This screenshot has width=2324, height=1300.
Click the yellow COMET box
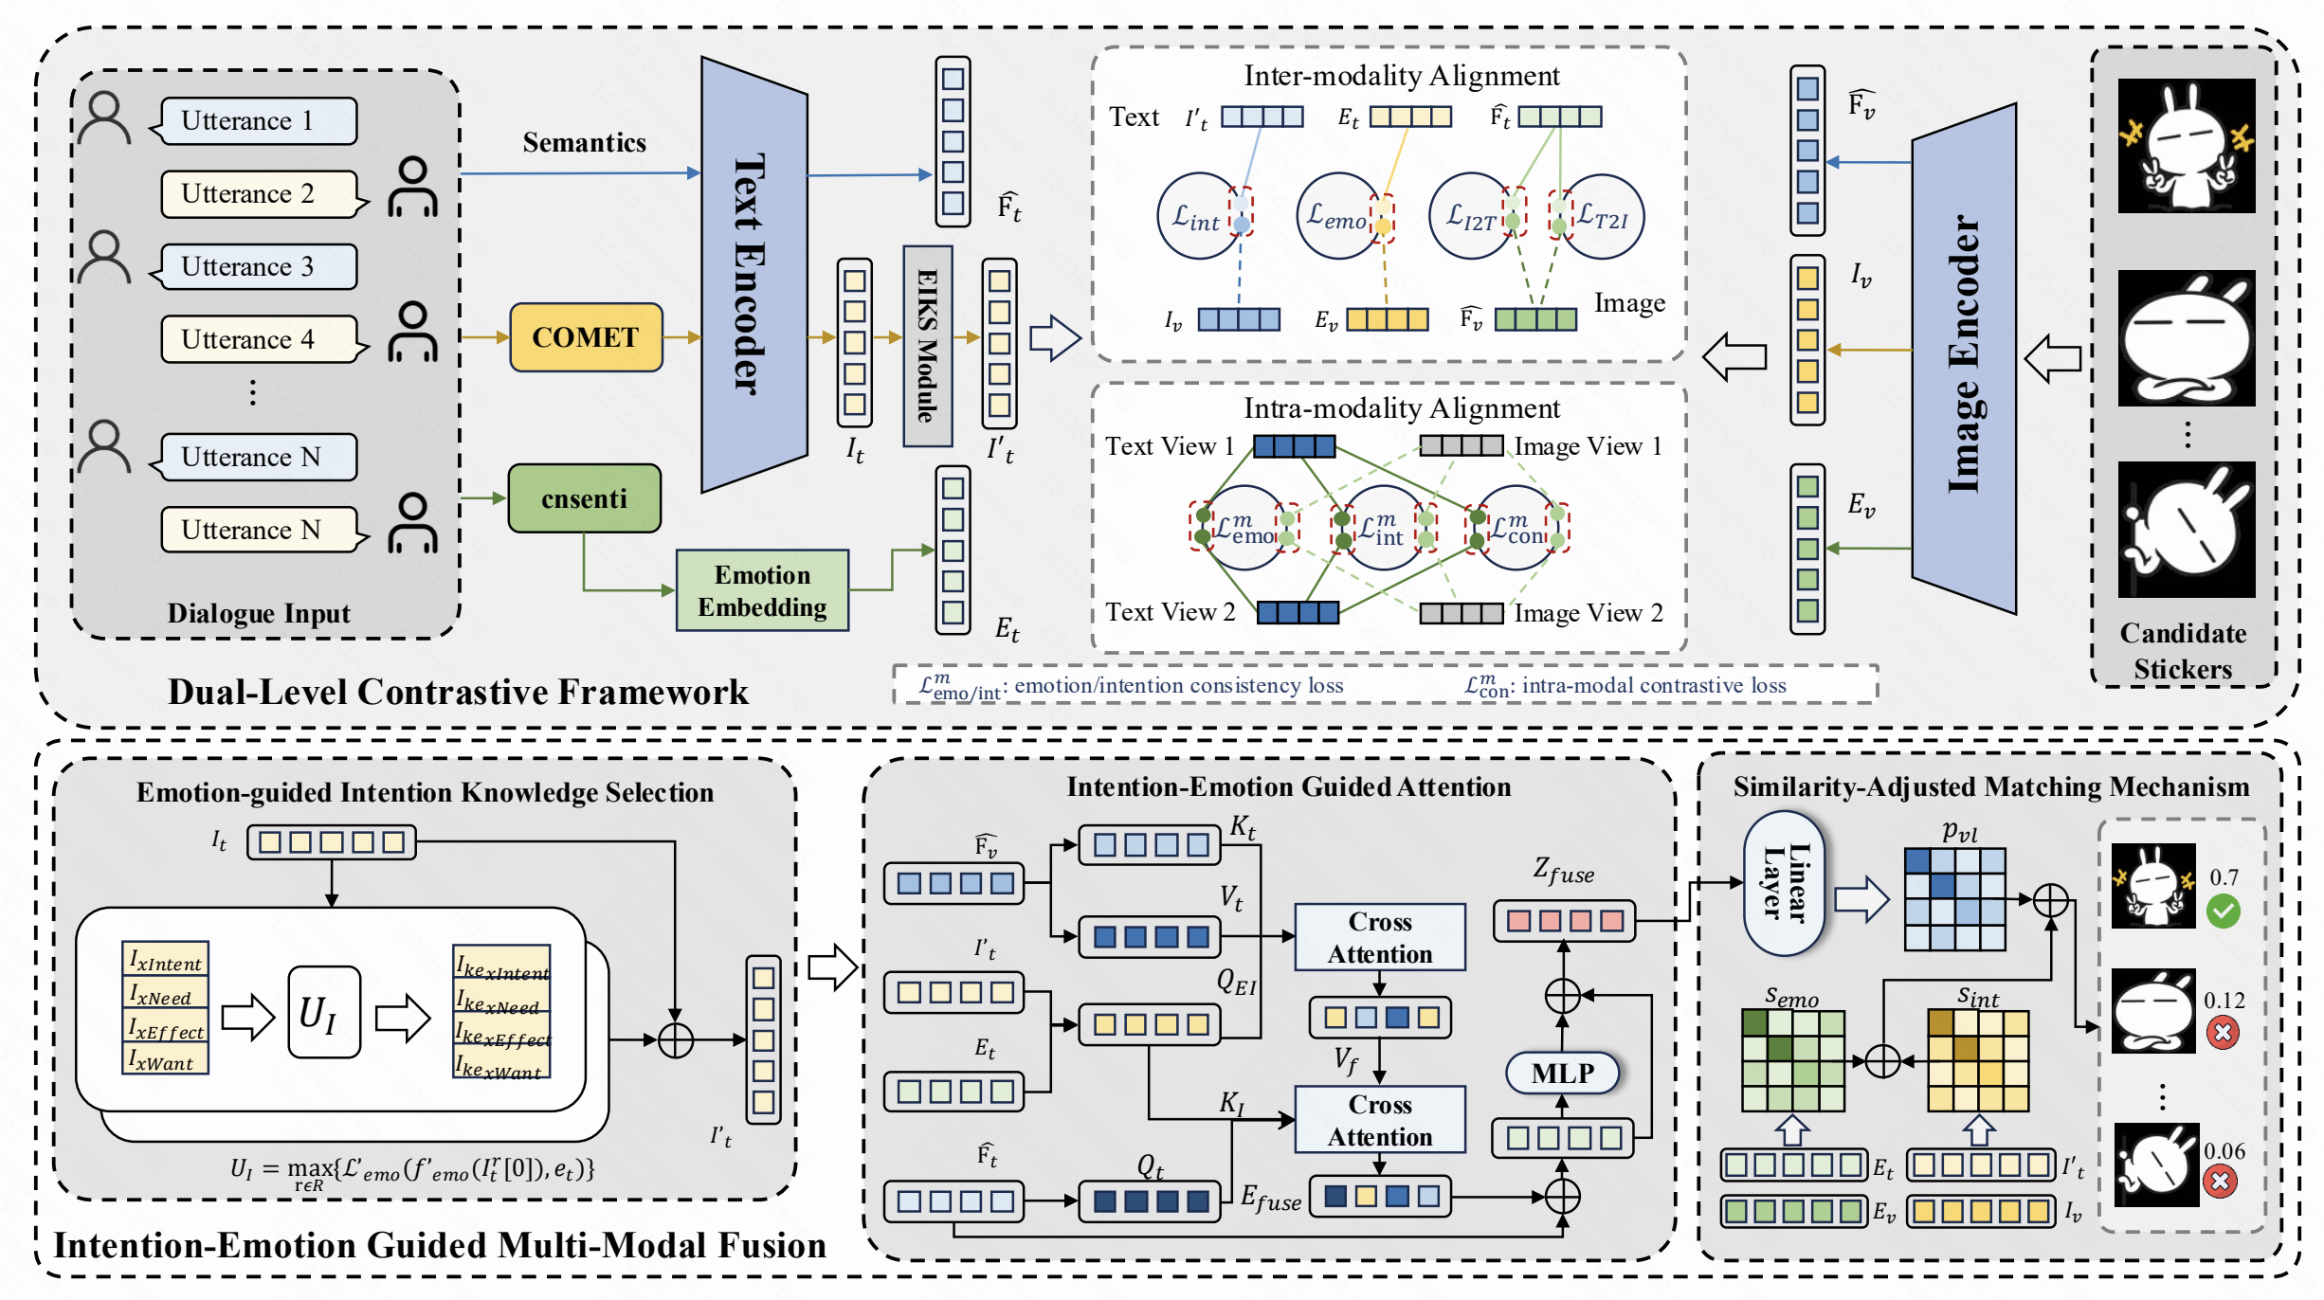tap(586, 337)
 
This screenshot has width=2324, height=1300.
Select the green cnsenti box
tap(584, 498)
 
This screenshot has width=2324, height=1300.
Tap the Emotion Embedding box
tap(762, 590)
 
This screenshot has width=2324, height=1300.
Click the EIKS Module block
tap(927, 346)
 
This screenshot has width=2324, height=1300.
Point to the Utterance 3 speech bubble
tap(258, 267)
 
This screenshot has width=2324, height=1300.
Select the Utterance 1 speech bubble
tap(258, 121)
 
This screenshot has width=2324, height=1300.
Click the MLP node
tap(1562, 1073)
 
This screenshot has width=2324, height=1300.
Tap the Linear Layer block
tap(1784, 882)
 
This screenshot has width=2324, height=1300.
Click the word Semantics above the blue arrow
tap(584, 142)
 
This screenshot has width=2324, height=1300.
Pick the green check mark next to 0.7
tap(2223, 912)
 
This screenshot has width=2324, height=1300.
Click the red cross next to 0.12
tap(2223, 1032)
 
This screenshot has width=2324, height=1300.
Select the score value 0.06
tap(2224, 1151)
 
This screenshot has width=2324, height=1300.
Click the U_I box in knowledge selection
tap(324, 1012)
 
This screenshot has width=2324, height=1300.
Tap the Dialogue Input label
tap(259, 613)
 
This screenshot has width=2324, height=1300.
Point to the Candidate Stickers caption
tap(2183, 651)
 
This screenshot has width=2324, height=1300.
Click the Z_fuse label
tap(1563, 871)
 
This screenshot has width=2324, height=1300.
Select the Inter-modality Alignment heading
tap(1401, 76)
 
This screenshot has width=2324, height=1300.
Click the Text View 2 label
tap(1170, 612)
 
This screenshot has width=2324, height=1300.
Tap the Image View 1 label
tap(1588, 446)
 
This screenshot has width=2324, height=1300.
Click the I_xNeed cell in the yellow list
tap(165, 996)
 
